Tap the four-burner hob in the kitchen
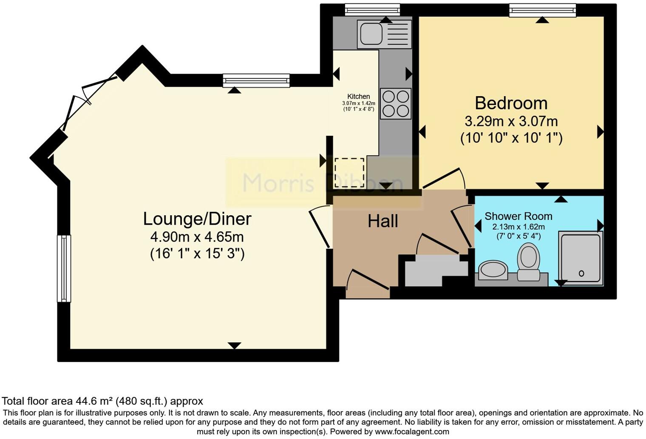pyautogui.click(x=396, y=103)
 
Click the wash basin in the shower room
pyautogui.click(x=493, y=271)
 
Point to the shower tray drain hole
pyautogui.click(x=581, y=274)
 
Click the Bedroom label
pyautogui.click(x=511, y=103)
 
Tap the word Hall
pyautogui.click(x=382, y=221)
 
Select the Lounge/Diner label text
pyautogui.click(x=197, y=219)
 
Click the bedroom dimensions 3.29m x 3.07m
pyautogui.click(x=511, y=122)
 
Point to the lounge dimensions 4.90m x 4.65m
pyautogui.click(x=197, y=237)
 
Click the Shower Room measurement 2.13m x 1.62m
pyautogui.click(x=518, y=227)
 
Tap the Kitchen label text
pyautogui.click(x=358, y=97)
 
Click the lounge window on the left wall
pyautogui.click(x=64, y=268)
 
